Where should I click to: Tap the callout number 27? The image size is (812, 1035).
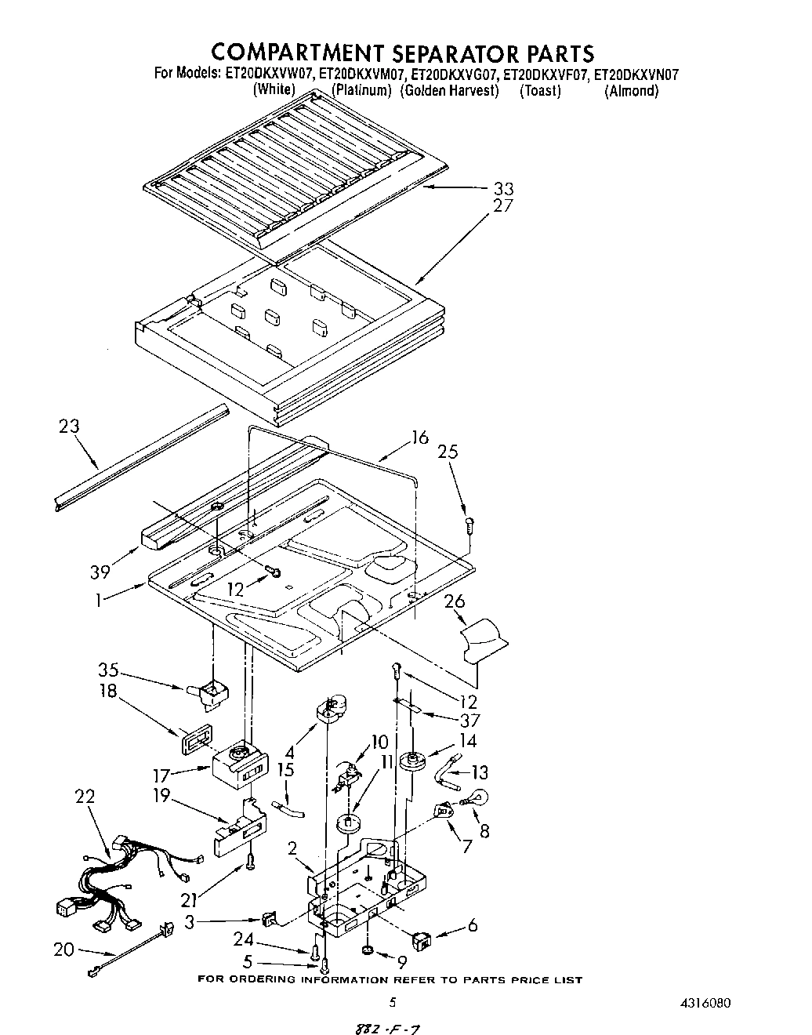tap(503, 206)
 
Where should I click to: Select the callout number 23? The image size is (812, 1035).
tap(70, 428)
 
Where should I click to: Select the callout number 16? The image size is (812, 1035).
tap(420, 438)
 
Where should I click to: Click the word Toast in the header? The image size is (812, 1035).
tap(541, 91)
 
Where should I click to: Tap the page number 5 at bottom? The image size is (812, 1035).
tap(393, 1002)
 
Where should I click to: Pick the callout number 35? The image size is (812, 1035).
tap(109, 670)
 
